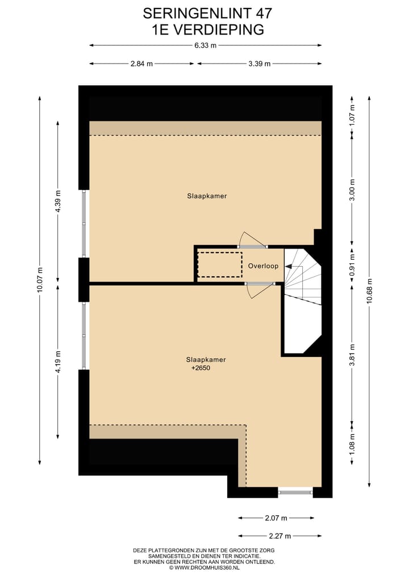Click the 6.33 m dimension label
pos(205,46)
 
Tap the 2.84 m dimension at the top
pos(141,64)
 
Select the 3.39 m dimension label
pos(259,64)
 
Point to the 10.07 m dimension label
pos(39,280)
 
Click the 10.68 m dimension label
pos(369,292)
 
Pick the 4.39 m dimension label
pos(57,201)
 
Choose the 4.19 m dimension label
pos(57,361)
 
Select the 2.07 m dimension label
pos(276,518)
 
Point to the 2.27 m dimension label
pos(279,536)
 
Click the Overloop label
pos(263,266)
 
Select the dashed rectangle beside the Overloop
pos(219,264)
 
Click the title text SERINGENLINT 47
pos(204,12)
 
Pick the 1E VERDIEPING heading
pos(204,30)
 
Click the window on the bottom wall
pos(295,492)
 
